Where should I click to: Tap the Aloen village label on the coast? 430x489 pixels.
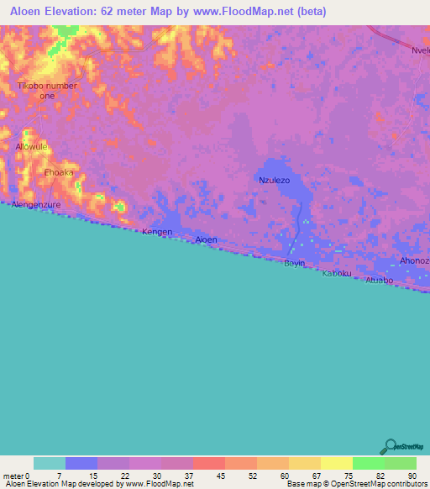(x=206, y=240)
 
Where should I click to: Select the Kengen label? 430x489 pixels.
(x=157, y=232)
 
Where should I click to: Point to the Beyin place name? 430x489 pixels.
(x=294, y=264)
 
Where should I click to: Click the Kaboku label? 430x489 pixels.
(x=338, y=274)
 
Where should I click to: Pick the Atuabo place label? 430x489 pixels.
(x=378, y=281)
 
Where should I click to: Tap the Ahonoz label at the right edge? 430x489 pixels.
(x=414, y=261)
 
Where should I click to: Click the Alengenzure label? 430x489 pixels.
(x=36, y=203)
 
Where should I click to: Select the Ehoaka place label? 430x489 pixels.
(x=59, y=172)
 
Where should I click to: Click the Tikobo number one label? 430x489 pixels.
(x=48, y=91)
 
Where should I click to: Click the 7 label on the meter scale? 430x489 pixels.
(x=65, y=476)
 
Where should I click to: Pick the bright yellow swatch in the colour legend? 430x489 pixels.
(x=336, y=463)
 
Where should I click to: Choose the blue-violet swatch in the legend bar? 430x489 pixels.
(x=81, y=463)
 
